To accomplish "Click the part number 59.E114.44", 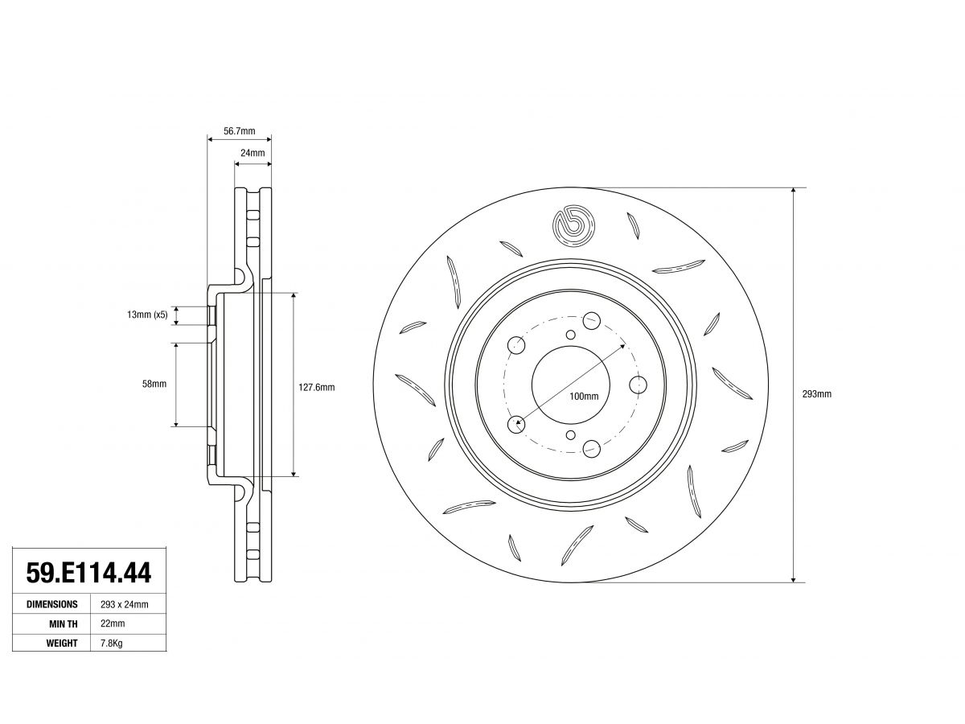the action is tap(88, 573).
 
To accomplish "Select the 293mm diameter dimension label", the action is tap(816, 394).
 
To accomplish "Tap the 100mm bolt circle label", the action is tap(584, 396).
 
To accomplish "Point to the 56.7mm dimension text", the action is tap(239, 131).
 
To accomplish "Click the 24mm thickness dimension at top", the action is tap(253, 153).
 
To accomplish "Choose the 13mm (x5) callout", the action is tap(147, 315).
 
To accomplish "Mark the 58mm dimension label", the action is tap(154, 384).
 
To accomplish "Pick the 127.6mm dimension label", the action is tap(317, 387).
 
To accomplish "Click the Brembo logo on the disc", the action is tap(573, 226).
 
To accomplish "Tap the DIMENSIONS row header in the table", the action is tap(52, 604).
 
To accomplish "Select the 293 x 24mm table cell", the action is tap(125, 604).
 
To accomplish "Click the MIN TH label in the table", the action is tap(64, 623).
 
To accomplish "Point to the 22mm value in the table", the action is tap(113, 623).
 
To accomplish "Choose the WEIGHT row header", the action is tap(62, 643).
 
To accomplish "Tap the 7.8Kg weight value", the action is tap(112, 643).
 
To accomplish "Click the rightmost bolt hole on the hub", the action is tap(638, 385).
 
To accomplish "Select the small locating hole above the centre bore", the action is tap(571, 335).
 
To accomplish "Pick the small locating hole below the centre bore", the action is tap(571, 435).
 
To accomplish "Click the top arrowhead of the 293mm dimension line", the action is tap(793, 191).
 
